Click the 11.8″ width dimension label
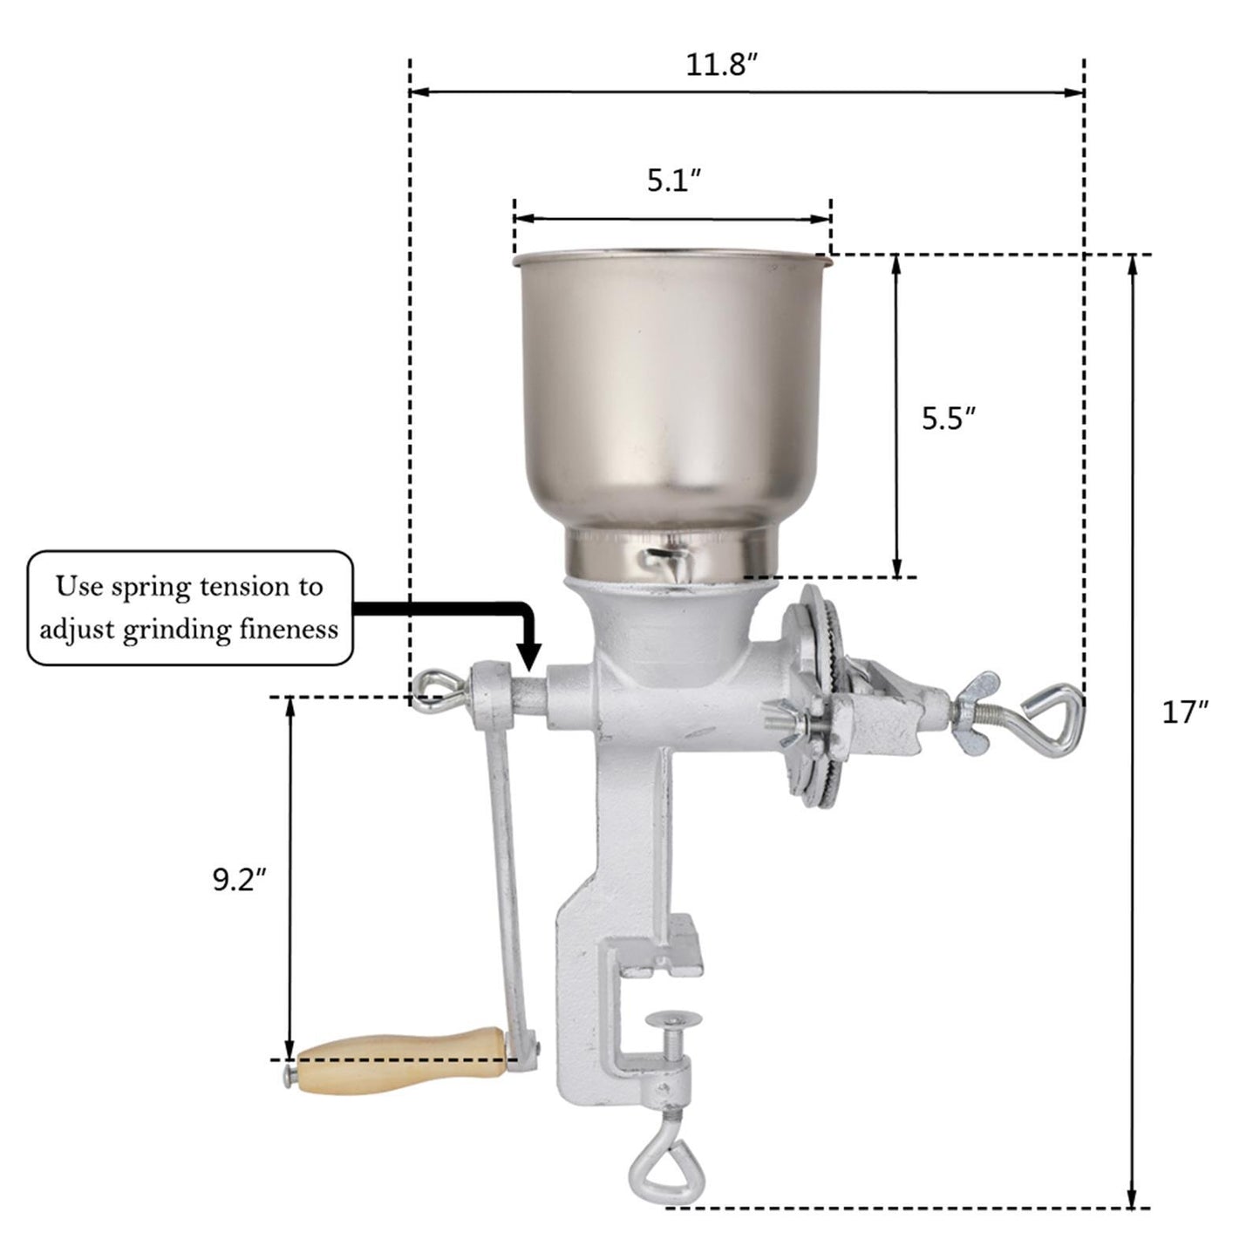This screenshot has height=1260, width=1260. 719,65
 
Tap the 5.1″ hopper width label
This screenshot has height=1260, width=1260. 673,180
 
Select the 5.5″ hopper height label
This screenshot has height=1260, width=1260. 948,419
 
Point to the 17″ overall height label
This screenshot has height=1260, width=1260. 1184,712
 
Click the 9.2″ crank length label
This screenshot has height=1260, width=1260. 238,880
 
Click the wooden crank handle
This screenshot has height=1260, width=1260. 401,1059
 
